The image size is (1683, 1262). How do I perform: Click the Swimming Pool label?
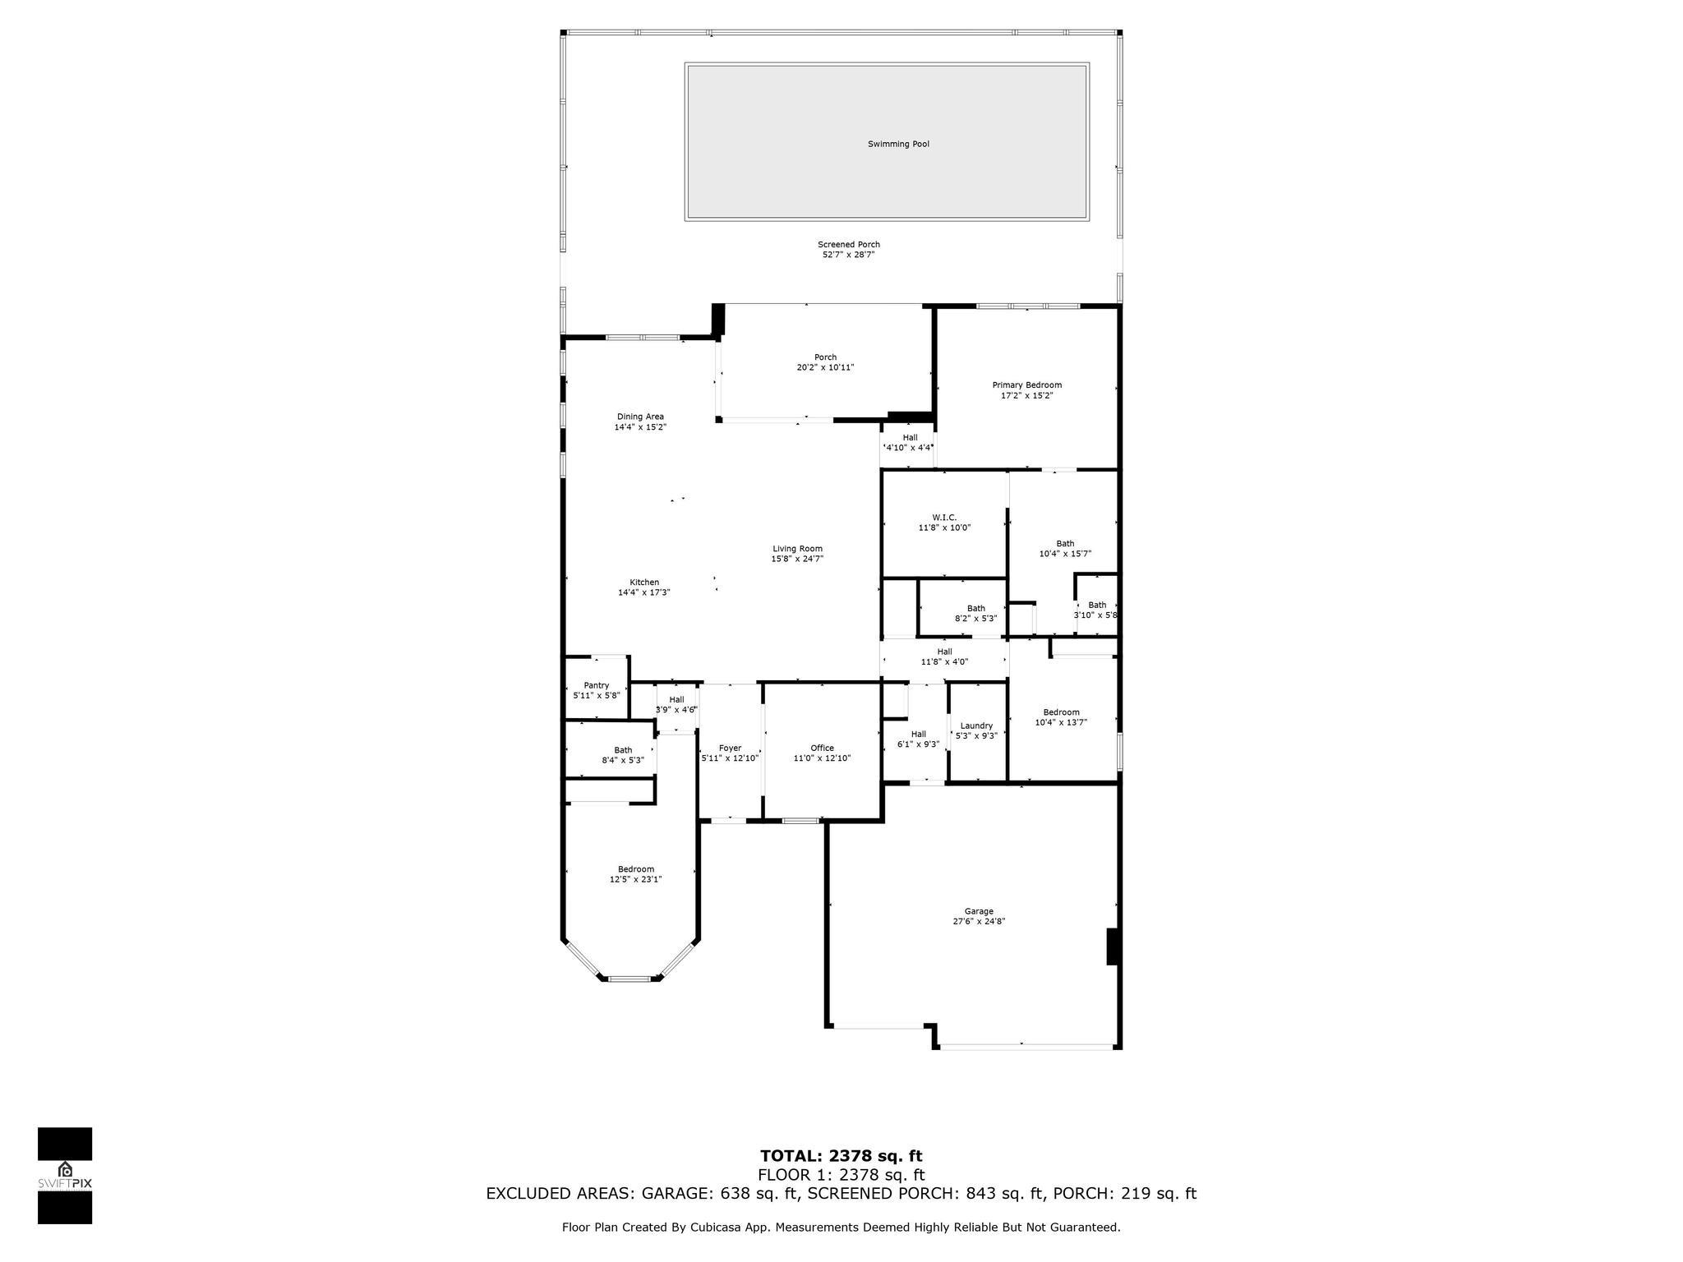pos(898,145)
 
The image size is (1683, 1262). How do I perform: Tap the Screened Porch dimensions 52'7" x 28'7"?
pos(849,256)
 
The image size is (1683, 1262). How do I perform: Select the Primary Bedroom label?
pos(1026,385)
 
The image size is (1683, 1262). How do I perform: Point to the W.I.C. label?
pos(944,518)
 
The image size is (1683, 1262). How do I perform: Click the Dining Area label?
pos(640,417)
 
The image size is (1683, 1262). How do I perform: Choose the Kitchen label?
pos(644,583)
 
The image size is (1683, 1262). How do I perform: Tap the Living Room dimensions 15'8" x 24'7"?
pos(797,560)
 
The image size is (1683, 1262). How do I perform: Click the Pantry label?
pos(597,685)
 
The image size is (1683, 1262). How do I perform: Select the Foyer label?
pos(730,748)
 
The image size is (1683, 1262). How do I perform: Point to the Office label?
pos(822,748)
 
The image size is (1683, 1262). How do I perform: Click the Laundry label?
pos(976,726)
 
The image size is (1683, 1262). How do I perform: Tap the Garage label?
pos(979,911)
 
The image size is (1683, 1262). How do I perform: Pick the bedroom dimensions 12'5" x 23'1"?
pos(636,880)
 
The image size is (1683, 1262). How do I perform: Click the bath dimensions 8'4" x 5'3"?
pos(623,761)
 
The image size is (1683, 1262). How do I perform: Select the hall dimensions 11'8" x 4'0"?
pos(945,662)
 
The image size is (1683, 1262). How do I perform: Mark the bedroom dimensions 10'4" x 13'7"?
pos(1061,723)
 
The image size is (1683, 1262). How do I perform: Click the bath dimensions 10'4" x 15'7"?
pos(1065,554)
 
